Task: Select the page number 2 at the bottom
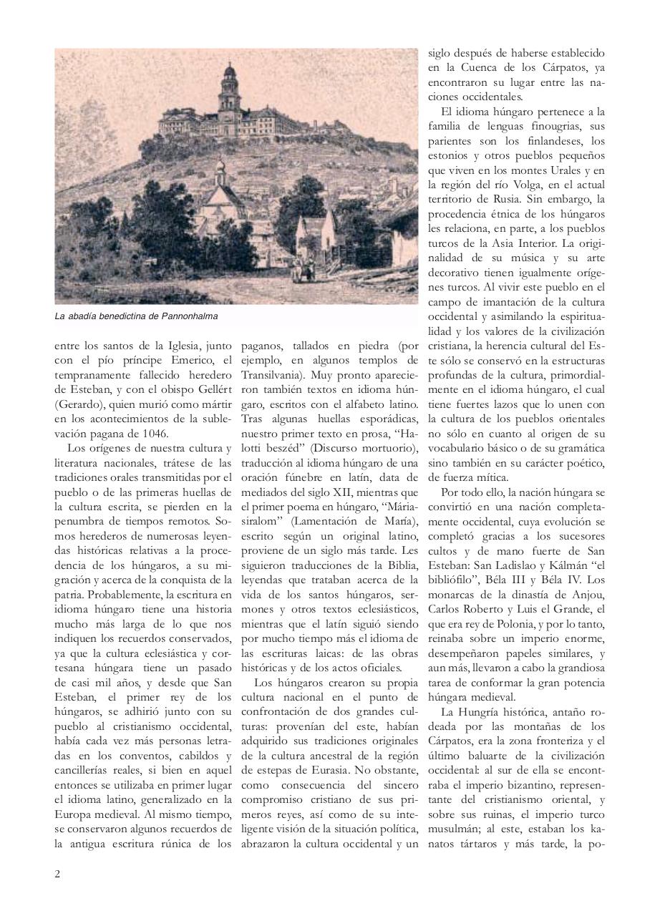(x=57, y=874)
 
